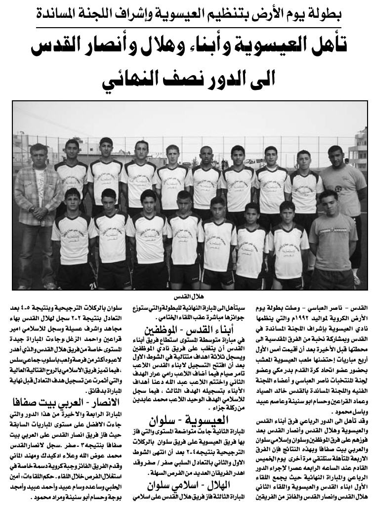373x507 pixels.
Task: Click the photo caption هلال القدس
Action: tap(186, 297)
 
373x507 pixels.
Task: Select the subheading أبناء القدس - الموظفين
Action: tap(186, 330)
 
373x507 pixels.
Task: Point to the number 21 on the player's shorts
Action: tap(93, 284)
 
